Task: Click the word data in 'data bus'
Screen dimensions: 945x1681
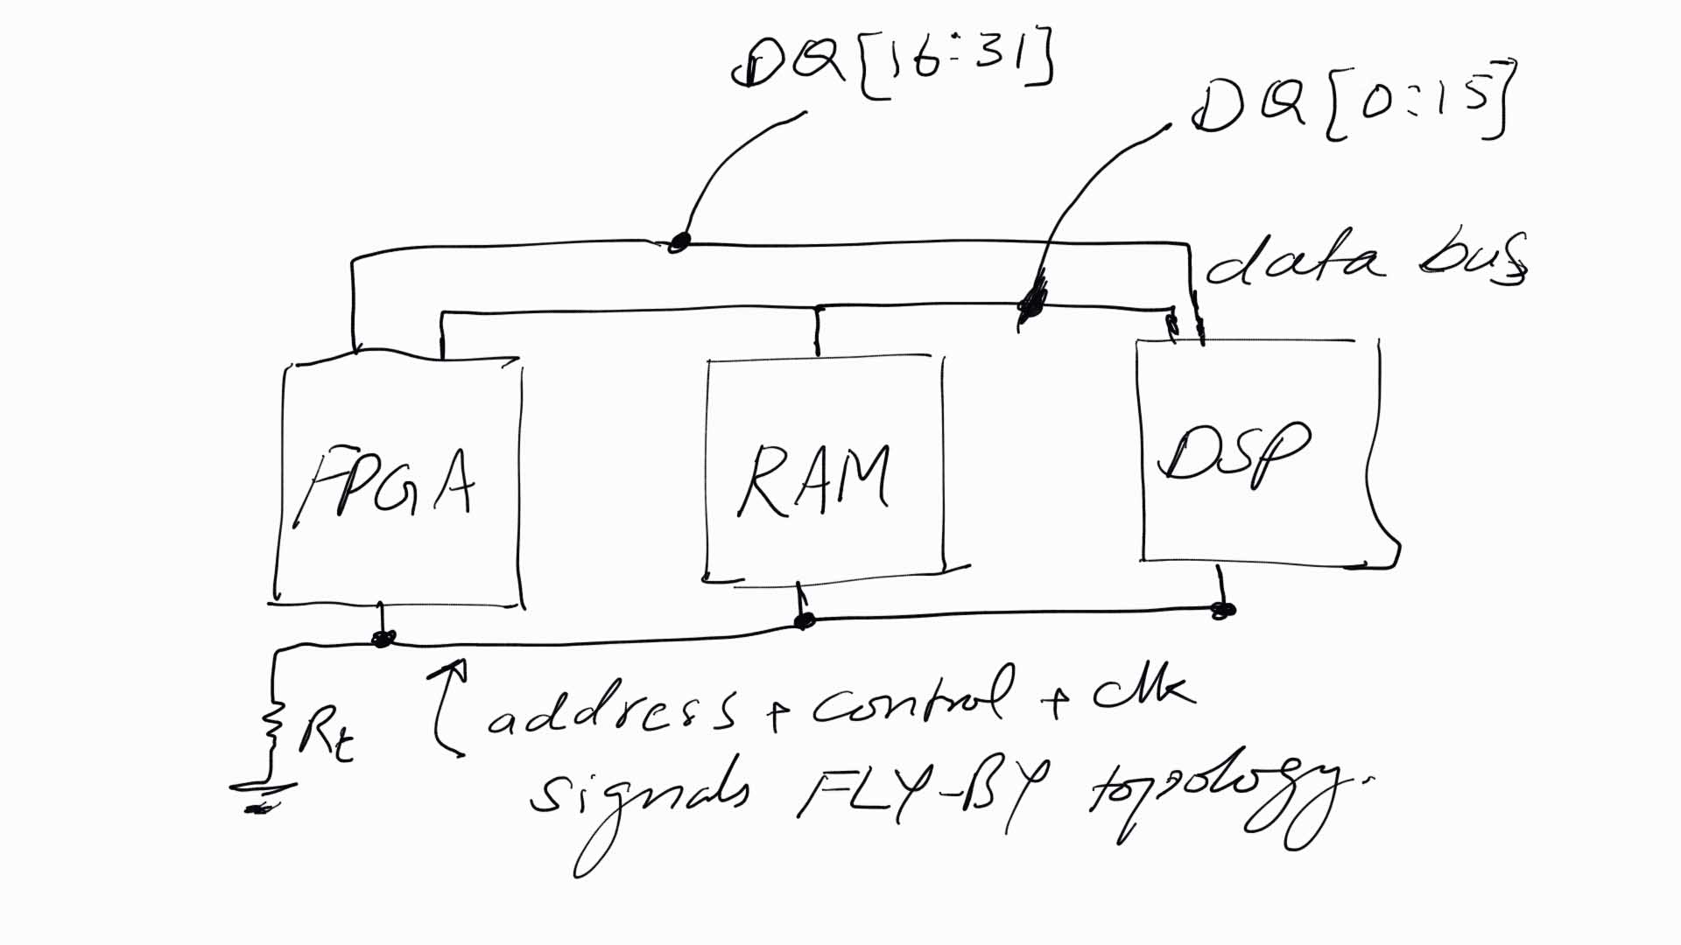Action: [1294, 260]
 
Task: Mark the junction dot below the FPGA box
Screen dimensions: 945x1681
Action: [383, 639]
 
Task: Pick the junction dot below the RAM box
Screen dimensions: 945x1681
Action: [804, 620]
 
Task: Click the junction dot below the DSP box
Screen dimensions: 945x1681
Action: [1222, 610]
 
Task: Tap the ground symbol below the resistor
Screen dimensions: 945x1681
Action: [260, 796]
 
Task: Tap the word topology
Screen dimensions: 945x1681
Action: [1226, 801]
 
